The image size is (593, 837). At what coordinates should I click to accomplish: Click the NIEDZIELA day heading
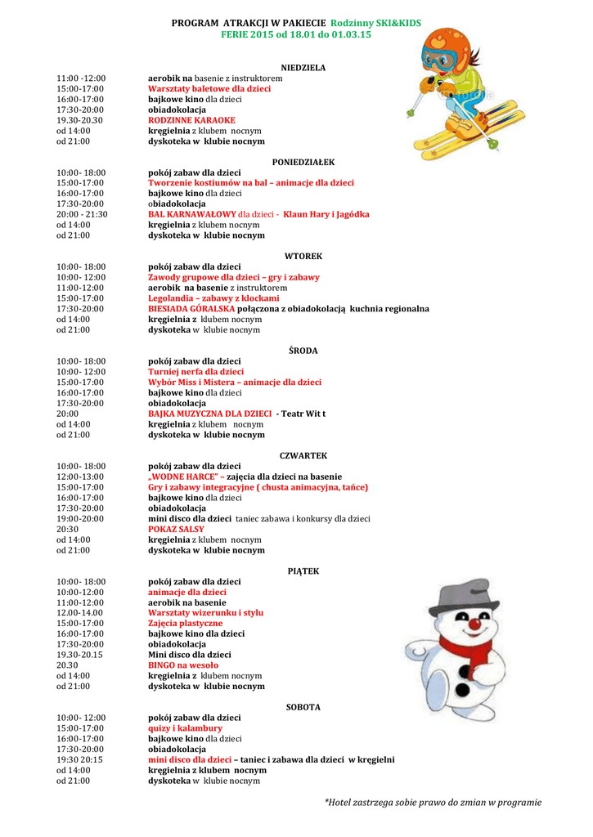coord(303,68)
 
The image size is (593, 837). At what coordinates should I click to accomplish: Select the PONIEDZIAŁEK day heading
coord(303,163)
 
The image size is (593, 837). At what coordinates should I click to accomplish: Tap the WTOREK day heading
coord(303,257)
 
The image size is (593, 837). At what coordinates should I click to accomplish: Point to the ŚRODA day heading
coord(303,351)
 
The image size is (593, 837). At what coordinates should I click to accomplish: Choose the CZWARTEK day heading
coord(303,455)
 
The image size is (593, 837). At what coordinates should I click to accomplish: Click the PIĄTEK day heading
coord(303,571)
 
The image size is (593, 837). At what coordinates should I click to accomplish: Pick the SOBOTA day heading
coord(303,707)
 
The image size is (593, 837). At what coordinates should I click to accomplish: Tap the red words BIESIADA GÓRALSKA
coord(191,309)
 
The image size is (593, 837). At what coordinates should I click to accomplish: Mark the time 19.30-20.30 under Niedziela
coord(79,120)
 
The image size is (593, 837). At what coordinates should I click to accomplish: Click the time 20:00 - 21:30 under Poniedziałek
coord(82,214)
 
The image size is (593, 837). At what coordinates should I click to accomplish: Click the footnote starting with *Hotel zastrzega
coord(433,802)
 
